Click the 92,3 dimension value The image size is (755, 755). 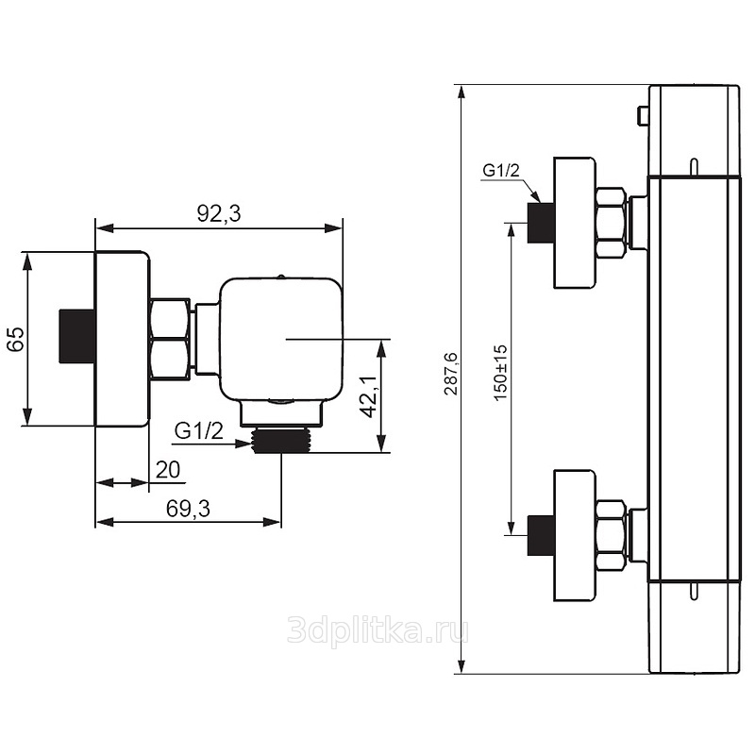219,214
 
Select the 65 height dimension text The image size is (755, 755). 16,339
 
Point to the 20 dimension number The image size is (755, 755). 168,470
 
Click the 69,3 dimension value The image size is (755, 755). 188,509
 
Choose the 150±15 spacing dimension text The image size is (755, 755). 501,372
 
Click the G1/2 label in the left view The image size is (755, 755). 199,431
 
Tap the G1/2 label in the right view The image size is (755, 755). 501,171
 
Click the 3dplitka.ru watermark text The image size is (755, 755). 378,630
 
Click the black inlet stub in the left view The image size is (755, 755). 77,336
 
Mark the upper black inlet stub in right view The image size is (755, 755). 541,223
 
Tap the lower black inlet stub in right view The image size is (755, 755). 541,535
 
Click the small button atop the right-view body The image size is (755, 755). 643,116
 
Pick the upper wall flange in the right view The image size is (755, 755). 575,223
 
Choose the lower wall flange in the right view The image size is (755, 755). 575,535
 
